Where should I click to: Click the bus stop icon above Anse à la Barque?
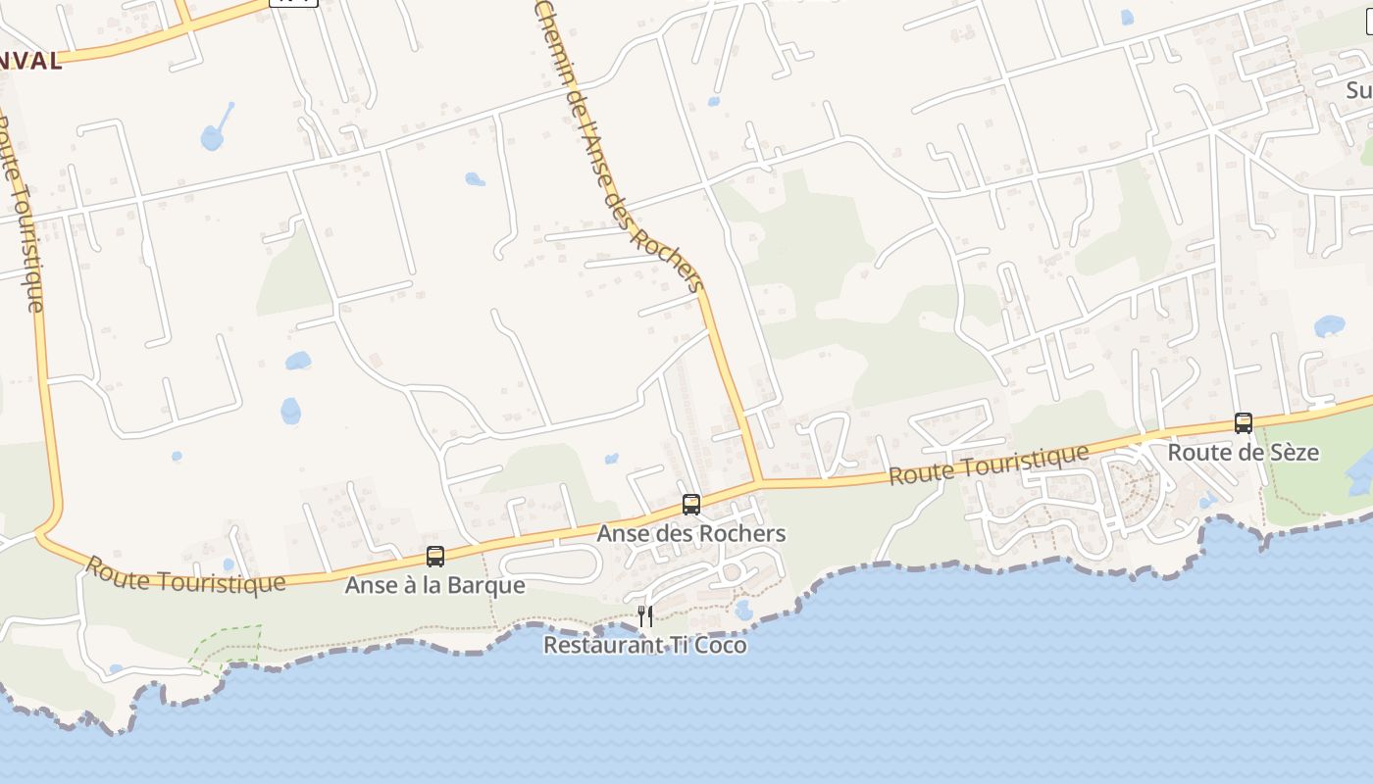point(435,557)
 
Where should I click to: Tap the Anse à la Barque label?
point(434,586)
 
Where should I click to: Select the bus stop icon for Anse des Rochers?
point(691,505)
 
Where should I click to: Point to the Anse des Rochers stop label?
point(691,534)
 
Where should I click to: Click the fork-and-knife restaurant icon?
point(644,616)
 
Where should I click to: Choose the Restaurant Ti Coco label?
point(644,646)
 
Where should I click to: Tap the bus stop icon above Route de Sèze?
point(1244,423)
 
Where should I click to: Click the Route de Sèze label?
point(1243,453)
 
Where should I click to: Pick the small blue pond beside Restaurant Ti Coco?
point(743,611)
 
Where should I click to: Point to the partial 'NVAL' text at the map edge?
point(30,61)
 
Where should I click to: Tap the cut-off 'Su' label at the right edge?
point(1358,90)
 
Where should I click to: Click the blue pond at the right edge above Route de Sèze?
point(1329,325)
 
